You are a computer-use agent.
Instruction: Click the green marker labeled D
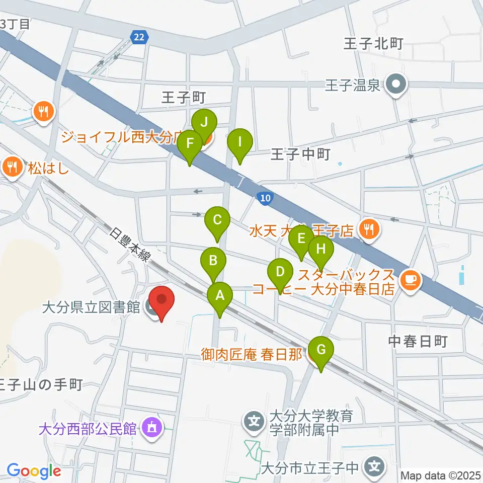[x=280, y=274]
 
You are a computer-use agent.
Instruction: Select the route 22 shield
[x=140, y=36]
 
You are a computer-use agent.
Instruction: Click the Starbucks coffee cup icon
[x=410, y=279]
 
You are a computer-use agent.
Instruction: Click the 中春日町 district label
[x=418, y=342]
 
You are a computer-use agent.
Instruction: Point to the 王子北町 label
[x=373, y=44]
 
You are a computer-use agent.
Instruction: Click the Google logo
[x=34, y=470]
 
